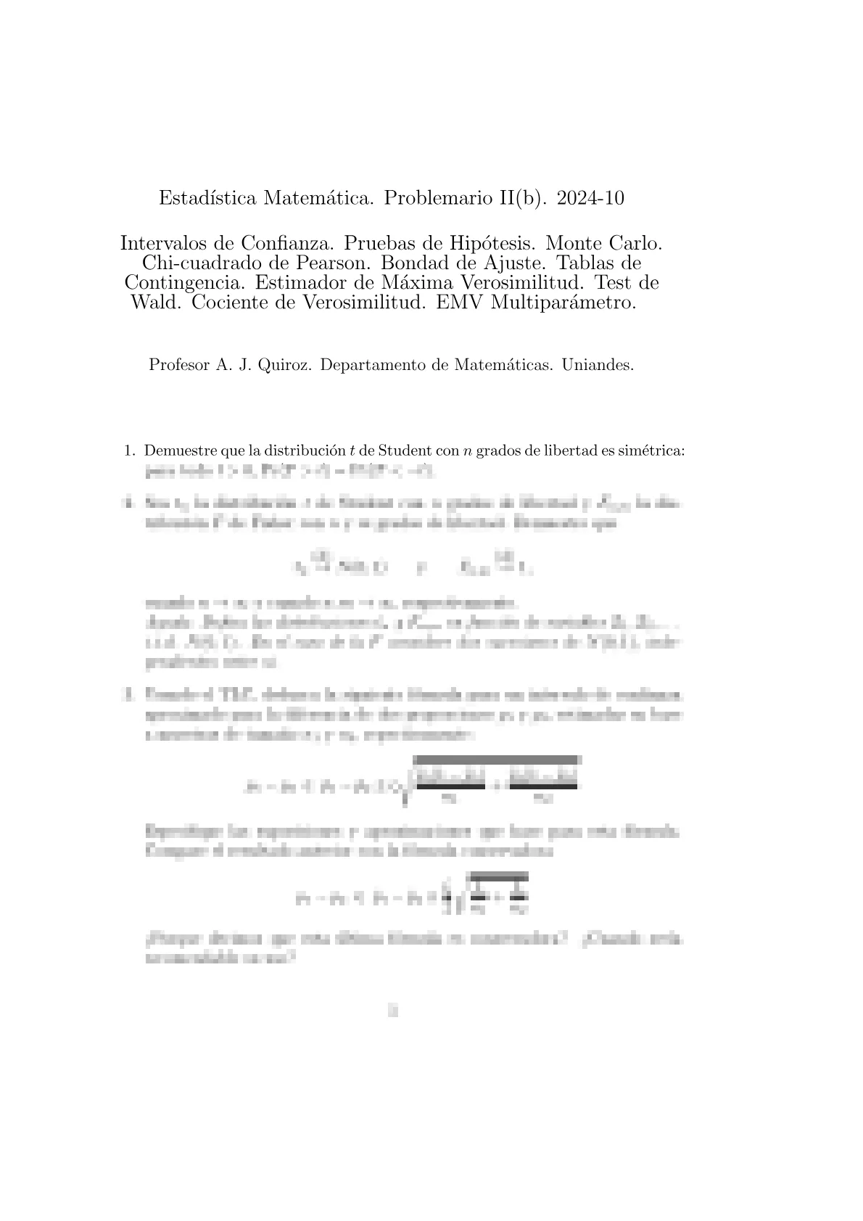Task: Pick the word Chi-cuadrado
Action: [186, 262]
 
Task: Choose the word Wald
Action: [157, 303]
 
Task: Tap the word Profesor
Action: [178, 365]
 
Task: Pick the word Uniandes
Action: [598, 365]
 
